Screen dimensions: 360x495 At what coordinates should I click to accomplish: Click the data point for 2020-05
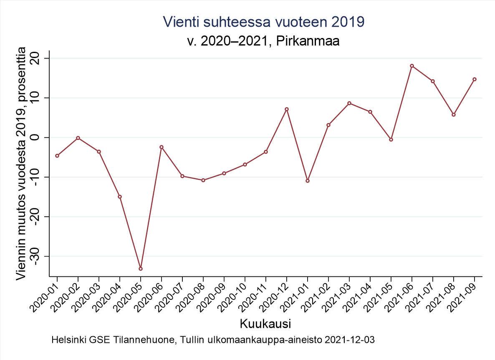point(141,269)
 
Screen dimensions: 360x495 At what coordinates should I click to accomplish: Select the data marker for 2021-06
point(412,66)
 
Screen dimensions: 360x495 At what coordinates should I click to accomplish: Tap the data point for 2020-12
point(287,109)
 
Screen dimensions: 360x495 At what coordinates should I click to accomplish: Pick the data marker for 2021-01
point(308,181)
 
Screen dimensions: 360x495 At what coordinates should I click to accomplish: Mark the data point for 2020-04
point(120,197)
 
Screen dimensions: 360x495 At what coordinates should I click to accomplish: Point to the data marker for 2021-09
point(475,79)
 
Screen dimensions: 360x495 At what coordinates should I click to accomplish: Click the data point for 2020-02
point(78,138)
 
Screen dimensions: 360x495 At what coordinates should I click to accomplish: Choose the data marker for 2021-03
point(349,103)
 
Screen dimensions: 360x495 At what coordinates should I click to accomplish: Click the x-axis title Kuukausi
point(265,324)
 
